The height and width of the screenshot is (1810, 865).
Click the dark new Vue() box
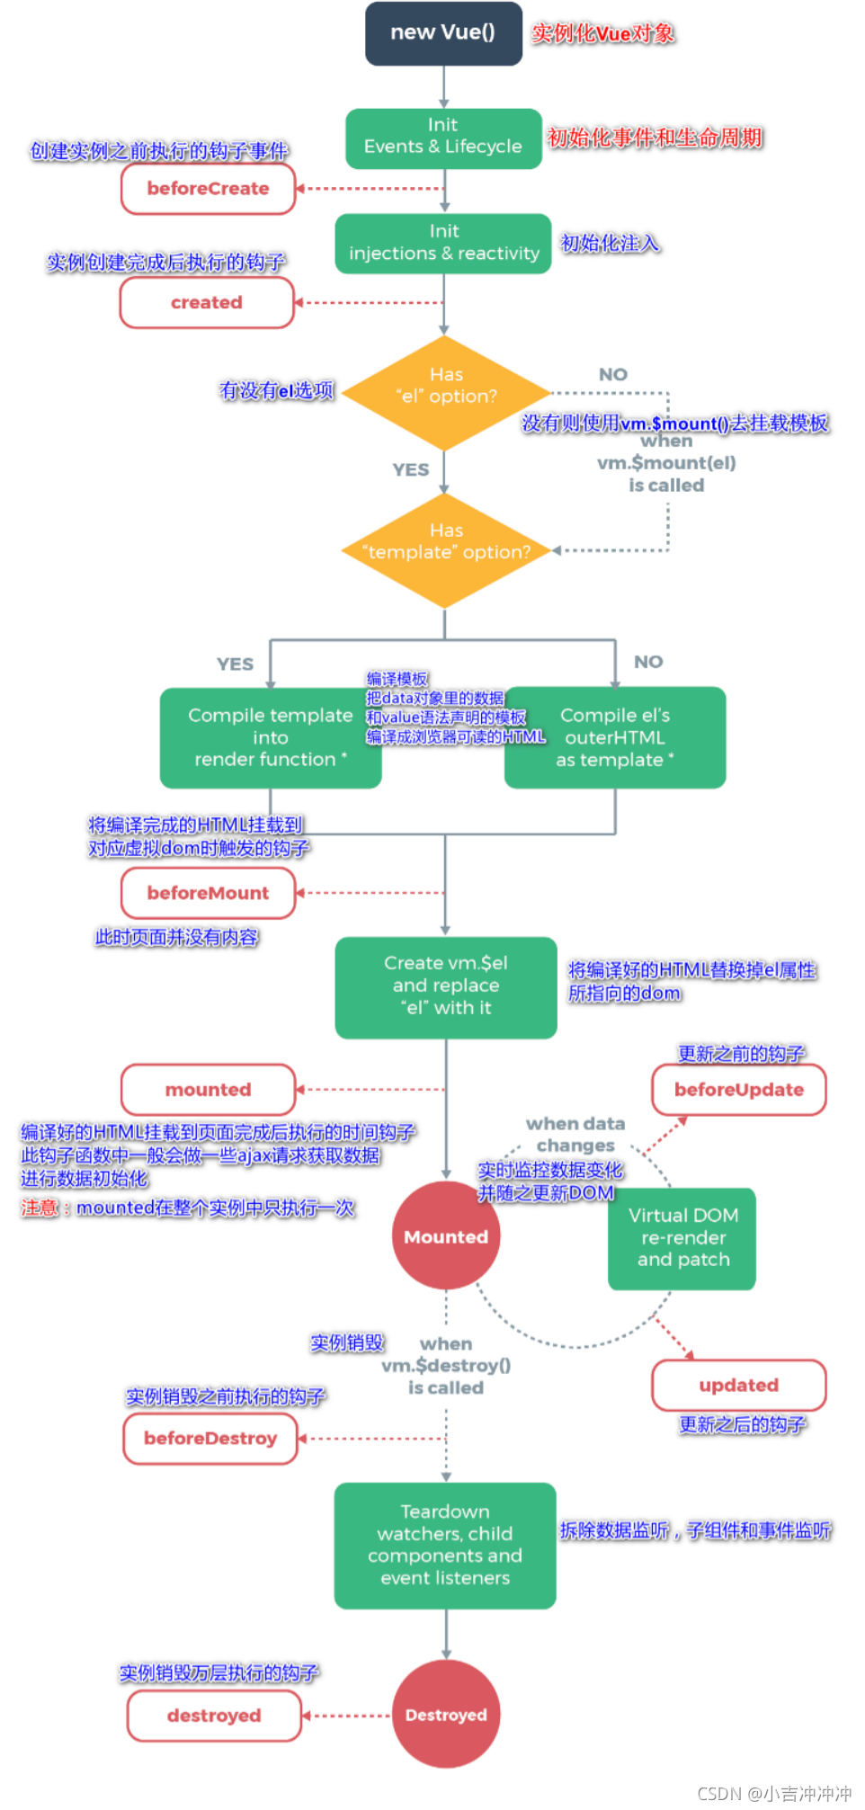pos(443,33)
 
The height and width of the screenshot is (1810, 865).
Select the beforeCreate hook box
pos(209,189)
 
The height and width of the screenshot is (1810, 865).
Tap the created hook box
pos(207,302)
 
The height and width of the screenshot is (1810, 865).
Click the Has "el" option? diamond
pos(446,393)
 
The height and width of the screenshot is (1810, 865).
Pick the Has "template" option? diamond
pos(446,550)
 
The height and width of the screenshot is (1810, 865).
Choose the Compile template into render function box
pos(271,738)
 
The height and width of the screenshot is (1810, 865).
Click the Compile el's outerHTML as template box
pos(615,738)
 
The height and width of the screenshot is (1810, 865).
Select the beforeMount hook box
pos(209,893)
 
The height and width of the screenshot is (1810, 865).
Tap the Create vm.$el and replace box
pos(446,987)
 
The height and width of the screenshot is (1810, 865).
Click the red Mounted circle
pos(446,1236)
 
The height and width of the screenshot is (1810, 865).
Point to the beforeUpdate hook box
pos(739,1090)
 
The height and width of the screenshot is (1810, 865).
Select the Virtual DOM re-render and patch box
pos(682,1239)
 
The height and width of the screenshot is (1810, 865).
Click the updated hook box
pos(739,1385)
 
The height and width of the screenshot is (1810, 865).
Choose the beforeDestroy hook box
pos(210,1439)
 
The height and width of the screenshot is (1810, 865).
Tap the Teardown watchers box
pos(445,1546)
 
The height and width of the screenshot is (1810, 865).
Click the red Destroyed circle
pos(446,1715)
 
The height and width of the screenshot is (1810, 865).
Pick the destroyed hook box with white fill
pos(214,1716)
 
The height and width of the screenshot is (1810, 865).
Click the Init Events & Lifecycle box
pos(444,138)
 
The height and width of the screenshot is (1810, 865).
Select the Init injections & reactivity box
pos(443,244)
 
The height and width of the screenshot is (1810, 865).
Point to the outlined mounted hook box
pos(209,1090)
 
